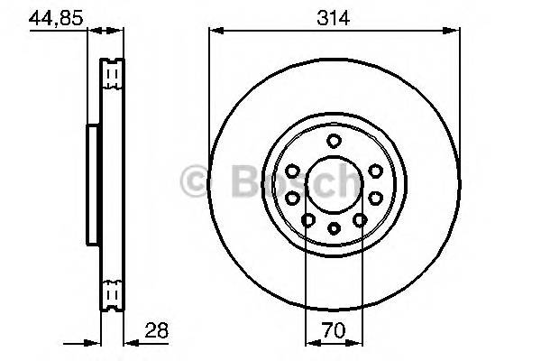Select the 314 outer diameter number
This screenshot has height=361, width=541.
tap(332, 16)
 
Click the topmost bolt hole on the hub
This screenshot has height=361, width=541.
tap(333, 140)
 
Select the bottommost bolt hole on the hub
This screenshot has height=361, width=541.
tap(333, 228)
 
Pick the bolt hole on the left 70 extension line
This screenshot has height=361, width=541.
tap(307, 219)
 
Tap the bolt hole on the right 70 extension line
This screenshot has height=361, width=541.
tap(359, 219)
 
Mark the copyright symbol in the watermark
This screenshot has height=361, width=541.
tap(197, 181)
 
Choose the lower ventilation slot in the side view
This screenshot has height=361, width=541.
tap(112, 292)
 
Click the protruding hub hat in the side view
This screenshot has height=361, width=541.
tap(92, 184)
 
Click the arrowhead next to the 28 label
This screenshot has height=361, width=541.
tap(129, 343)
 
